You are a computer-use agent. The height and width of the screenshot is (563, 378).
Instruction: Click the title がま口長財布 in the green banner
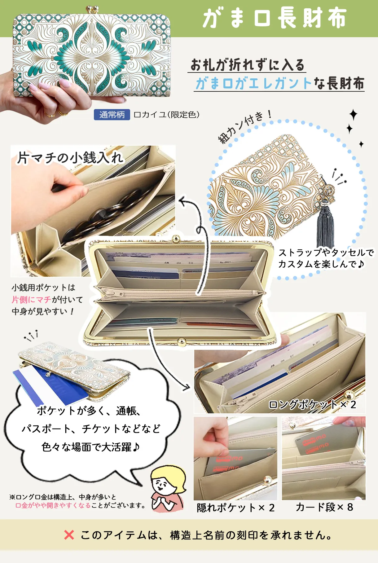click(x=275, y=18)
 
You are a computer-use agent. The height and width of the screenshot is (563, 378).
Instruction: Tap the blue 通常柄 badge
click(x=112, y=115)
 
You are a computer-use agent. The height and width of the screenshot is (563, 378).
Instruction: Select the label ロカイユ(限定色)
click(x=167, y=115)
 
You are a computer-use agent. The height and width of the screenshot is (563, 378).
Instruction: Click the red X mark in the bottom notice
click(x=69, y=534)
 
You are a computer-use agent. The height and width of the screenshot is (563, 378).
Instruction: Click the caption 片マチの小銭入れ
click(x=70, y=157)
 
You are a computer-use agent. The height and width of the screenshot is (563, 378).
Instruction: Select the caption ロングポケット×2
click(x=312, y=404)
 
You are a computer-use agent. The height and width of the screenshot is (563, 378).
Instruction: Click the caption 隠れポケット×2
click(x=236, y=508)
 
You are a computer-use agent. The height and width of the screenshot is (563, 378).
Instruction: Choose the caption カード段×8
click(x=324, y=507)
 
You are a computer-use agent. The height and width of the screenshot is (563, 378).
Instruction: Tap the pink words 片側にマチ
click(x=31, y=300)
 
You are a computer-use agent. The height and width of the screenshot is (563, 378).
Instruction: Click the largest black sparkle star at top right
click(x=353, y=115)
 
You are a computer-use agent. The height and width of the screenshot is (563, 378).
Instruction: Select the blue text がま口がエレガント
click(x=253, y=83)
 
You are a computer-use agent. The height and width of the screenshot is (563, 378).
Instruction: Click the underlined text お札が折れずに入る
click(x=247, y=65)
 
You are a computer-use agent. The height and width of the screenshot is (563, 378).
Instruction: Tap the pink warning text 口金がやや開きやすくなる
click(x=53, y=505)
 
